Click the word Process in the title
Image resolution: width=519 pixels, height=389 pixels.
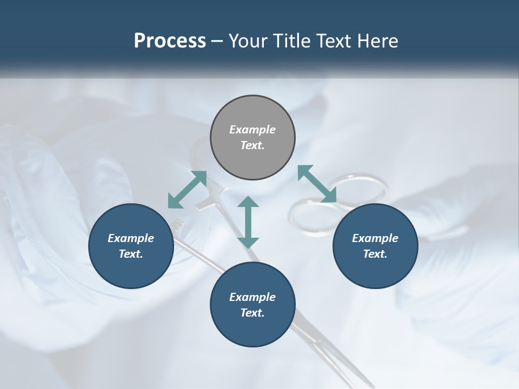coord(170,41)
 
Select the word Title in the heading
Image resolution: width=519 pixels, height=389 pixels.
coord(295,41)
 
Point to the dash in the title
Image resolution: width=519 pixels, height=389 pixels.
coord(217,42)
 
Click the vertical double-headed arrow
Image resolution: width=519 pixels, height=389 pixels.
coord(248,222)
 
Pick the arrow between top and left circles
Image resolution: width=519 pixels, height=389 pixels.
coord(187,190)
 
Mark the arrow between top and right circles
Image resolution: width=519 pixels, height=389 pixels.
coord(317,184)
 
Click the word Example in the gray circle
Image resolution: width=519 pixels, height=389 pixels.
coord(252,130)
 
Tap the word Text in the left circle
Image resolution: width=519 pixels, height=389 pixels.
coord(131,254)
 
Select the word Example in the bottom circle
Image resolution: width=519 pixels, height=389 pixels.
coord(252,297)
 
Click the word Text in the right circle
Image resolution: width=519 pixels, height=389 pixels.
coord(375,254)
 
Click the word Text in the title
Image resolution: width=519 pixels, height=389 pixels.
coord(338,41)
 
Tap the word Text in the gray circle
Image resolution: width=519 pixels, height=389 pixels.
coord(252,145)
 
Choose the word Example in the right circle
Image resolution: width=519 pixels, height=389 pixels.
coord(375,238)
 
